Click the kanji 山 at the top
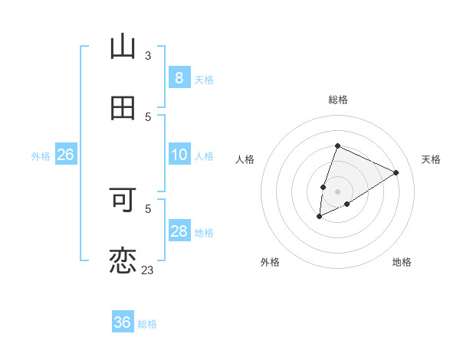pos(123,47)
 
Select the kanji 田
pos(123,108)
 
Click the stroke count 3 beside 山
pos(148,55)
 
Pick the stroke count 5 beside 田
pos(148,116)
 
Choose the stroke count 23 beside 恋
pos(148,270)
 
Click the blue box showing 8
pos(179,77)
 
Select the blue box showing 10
pos(179,155)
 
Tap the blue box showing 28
pos(179,231)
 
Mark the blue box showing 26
pos(65,155)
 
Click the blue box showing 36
pos(123,322)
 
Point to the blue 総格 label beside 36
pos(147,324)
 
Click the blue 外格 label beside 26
pos(41,156)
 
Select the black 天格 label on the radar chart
pos(431,159)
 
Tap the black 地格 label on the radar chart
pos(402,262)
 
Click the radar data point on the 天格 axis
pos(396,172)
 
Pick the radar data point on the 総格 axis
pos(337,146)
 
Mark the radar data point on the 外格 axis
pos(319,218)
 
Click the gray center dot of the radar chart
pos(337,191)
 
